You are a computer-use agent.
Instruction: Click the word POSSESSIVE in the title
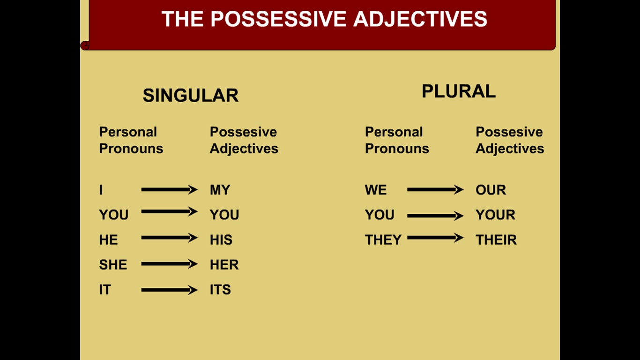278,19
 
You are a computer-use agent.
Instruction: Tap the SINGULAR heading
191,95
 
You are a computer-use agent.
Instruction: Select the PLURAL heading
459,91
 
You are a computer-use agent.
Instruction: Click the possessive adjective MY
220,190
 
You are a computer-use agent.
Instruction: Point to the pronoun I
101,190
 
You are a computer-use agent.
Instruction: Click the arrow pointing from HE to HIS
169,238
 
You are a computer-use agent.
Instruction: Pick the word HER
224,264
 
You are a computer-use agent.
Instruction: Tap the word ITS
220,289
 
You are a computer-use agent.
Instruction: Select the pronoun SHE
113,264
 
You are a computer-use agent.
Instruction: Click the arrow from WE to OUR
435,189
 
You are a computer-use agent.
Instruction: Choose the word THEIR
496,240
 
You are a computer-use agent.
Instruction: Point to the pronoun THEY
383,240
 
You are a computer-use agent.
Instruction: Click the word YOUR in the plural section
495,215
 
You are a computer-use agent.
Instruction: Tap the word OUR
491,190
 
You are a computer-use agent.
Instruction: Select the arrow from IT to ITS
169,290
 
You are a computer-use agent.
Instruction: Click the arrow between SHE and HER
169,263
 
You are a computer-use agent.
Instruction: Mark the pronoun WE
376,190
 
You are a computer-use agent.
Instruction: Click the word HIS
221,240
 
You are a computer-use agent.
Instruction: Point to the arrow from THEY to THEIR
435,238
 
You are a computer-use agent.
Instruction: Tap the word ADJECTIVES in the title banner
420,19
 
